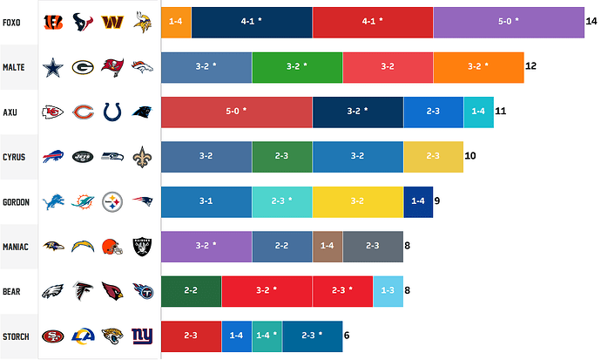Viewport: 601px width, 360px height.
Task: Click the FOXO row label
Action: pos(14,21)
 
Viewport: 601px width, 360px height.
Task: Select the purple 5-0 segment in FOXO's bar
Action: pos(508,22)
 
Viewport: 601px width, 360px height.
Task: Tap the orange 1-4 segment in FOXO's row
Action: pos(176,22)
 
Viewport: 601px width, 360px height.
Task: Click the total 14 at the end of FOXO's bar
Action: pos(591,22)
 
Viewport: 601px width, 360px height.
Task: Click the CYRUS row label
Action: pos(16,157)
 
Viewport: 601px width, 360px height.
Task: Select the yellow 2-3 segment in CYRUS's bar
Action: pos(433,157)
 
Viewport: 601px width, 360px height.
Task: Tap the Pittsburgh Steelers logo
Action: pos(112,202)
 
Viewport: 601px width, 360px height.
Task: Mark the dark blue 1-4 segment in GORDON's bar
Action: pos(418,202)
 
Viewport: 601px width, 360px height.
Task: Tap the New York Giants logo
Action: pos(141,336)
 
